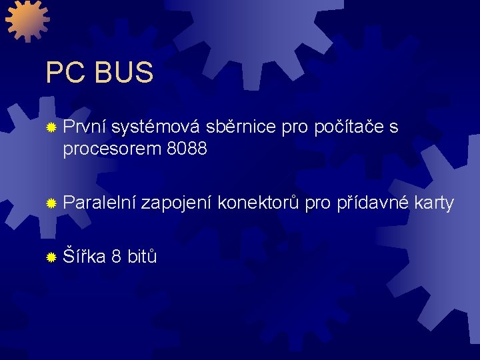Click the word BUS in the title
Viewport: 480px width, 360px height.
[x=124, y=73]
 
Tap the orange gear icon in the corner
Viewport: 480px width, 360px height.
[x=27, y=20]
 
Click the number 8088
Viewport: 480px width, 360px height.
[x=187, y=149]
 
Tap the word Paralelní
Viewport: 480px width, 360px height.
[x=99, y=203]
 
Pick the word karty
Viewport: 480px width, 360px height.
[x=433, y=203]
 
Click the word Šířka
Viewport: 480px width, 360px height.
[x=84, y=256]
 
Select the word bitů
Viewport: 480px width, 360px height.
[x=142, y=256]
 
